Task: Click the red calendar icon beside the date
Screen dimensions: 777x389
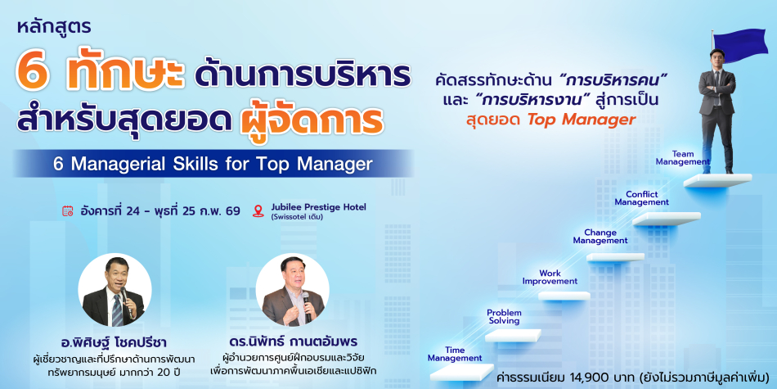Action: click(x=68, y=210)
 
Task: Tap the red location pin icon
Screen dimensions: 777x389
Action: click(x=258, y=211)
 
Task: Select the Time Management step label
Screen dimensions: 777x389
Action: click(x=455, y=355)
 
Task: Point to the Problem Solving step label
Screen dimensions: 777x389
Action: click(x=504, y=317)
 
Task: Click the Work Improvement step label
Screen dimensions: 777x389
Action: click(x=550, y=278)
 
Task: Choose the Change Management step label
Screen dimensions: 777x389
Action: click(x=600, y=236)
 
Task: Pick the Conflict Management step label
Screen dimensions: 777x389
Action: click(x=642, y=198)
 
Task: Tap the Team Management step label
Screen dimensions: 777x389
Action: click(x=683, y=158)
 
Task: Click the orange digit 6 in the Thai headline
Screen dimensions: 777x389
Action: click(x=34, y=74)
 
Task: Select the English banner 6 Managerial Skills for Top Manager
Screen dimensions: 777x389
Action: click(x=213, y=164)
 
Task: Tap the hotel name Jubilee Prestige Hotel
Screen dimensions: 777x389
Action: click(x=319, y=207)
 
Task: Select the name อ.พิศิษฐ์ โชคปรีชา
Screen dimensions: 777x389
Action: click(x=114, y=342)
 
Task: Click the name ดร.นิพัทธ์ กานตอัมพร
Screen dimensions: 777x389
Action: click(x=293, y=342)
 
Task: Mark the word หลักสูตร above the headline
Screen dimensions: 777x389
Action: click(x=54, y=28)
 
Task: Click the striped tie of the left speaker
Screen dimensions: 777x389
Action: click(x=116, y=310)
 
